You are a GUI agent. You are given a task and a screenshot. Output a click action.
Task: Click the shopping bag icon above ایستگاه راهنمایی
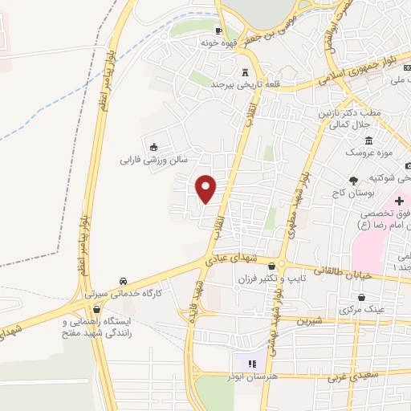click(97, 309)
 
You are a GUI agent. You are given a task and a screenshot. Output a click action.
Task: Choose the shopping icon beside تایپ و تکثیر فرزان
click(271, 267)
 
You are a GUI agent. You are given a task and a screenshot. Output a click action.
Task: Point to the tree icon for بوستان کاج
click(354, 182)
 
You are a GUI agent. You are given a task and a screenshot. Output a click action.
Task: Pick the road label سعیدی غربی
click(349, 374)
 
